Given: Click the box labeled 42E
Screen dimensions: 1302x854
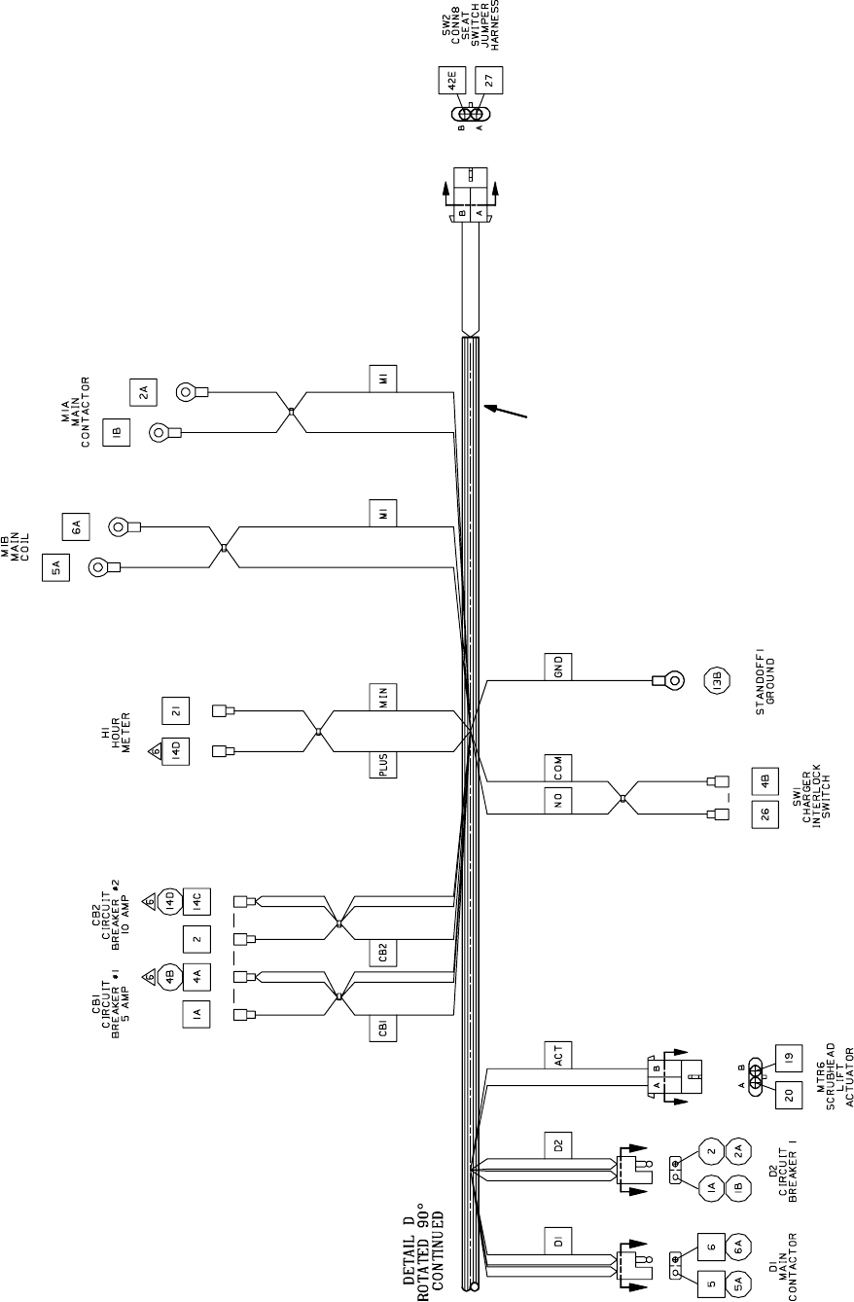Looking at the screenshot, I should pos(453,81).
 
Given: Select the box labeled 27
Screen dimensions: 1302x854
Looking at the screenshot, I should pos(489,81).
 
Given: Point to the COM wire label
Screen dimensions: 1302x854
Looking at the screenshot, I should pos(559,768).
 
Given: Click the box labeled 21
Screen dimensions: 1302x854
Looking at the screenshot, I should pos(176,710).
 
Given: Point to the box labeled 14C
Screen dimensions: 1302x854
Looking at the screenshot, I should pos(196,902).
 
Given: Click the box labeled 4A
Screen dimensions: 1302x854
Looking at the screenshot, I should pos(196,977).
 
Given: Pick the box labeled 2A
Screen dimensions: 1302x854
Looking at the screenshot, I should pos(142,392).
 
